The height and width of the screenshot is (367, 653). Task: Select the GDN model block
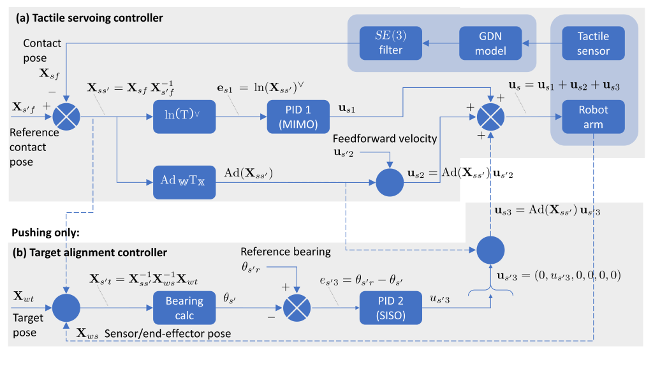490,43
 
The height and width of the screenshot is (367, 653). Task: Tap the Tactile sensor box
593,43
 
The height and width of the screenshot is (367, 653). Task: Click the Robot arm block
593,116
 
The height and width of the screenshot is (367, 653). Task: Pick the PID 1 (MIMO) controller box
295,116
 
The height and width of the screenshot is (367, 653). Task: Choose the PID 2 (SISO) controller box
390,308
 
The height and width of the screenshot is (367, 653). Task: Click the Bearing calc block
184,308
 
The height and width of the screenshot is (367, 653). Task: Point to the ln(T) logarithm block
184,116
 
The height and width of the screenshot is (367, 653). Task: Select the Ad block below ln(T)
184,182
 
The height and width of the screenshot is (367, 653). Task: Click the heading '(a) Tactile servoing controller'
90,18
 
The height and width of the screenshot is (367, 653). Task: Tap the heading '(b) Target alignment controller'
90,253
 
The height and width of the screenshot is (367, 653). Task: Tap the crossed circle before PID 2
297,308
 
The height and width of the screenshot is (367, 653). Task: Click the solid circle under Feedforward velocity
390,182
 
